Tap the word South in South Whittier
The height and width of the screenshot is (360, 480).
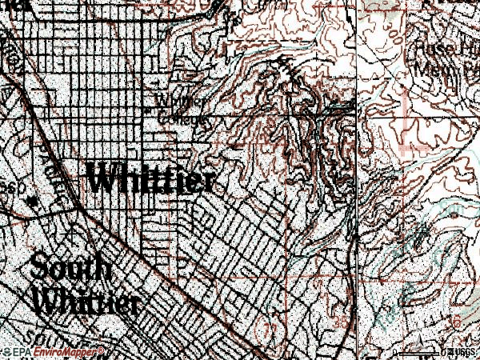coord(72,269)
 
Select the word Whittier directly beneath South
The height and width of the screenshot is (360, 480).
coord(86,302)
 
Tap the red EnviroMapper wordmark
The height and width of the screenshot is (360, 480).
coord(69,352)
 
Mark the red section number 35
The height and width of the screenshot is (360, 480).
coord(342,323)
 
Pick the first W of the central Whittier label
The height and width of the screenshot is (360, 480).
coord(103,178)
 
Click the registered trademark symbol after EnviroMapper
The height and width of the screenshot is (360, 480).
coord(102,350)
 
